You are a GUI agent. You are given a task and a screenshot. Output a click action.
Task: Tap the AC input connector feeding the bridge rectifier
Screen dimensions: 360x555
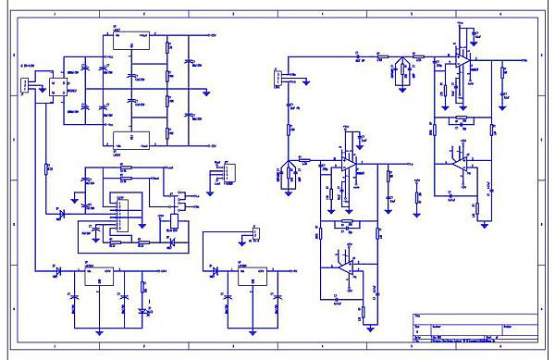pyautogui.click(x=25, y=88)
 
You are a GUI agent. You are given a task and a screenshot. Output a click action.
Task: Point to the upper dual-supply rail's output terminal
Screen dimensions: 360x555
pyautogui.click(x=211, y=36)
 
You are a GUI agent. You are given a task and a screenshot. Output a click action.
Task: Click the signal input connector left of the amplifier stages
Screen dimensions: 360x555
pyautogui.click(x=277, y=80)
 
